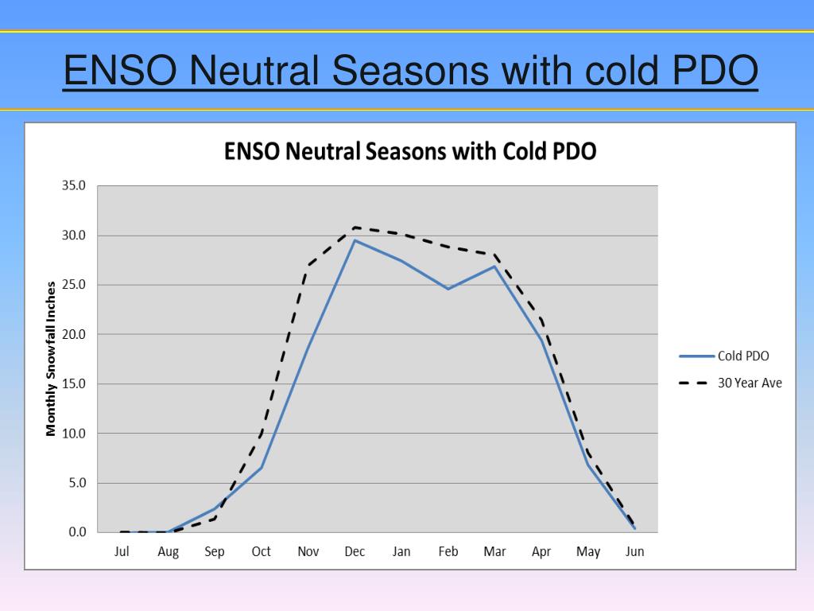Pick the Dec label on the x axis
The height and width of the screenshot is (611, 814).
[355, 551]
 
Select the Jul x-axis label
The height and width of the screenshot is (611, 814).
[122, 551]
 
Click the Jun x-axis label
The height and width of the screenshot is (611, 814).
[634, 551]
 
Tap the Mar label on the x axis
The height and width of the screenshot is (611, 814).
[494, 551]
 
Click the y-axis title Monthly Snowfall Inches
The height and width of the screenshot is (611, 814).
[51, 358]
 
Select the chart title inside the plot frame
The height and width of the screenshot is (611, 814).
[410, 151]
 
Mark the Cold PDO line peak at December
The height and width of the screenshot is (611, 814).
[355, 240]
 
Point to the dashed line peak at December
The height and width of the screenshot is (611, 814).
[355, 228]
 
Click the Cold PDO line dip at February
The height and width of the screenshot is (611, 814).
[448, 289]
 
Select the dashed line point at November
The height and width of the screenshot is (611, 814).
[308, 265]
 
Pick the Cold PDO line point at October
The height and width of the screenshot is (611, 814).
[262, 468]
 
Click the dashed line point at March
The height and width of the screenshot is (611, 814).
[494, 255]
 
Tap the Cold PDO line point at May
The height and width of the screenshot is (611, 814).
[588, 464]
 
